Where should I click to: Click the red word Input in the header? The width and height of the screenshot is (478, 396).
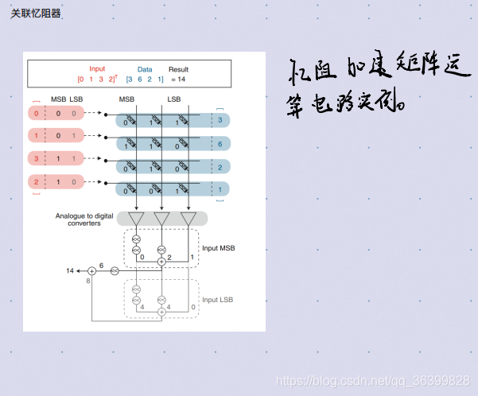click(97, 69)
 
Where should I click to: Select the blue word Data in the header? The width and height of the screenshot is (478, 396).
click(144, 69)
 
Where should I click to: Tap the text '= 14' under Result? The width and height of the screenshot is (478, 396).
click(177, 80)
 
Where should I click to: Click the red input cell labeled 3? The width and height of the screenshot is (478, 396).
click(36, 159)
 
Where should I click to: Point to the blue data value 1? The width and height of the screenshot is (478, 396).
click(220, 190)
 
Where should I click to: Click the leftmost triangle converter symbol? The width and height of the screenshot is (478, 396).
click(136, 219)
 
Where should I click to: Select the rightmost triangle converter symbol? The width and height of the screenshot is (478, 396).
click(188, 219)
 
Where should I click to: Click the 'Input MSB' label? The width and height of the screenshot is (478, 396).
click(219, 248)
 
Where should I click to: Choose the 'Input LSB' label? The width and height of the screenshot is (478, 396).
click(219, 299)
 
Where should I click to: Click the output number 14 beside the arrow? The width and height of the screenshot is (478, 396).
click(70, 271)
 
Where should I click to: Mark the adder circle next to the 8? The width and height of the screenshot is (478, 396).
click(91, 271)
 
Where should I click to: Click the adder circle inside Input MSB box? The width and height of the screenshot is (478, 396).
click(161, 258)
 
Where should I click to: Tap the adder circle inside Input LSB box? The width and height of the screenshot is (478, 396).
click(161, 312)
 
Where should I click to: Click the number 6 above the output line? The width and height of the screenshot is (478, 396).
click(101, 264)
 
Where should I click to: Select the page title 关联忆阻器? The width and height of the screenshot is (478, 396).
click(36, 14)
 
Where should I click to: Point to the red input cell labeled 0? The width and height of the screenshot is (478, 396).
click(36, 113)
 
